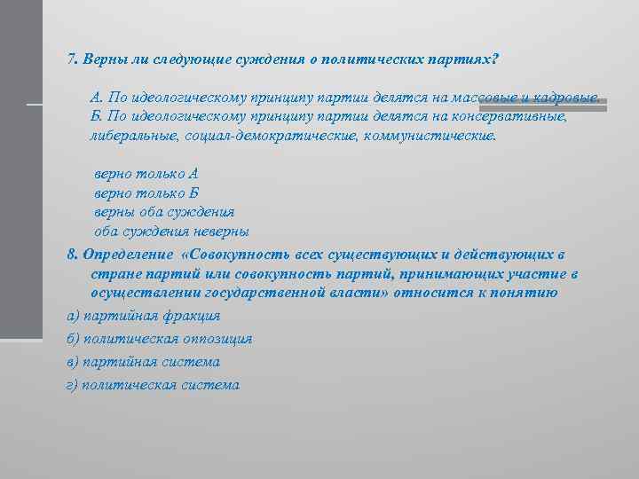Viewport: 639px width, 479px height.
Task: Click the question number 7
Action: tap(72, 59)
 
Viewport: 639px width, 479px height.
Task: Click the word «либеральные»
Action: tap(135, 137)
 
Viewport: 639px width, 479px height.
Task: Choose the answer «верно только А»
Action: tap(146, 173)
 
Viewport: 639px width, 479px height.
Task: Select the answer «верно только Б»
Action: tap(146, 192)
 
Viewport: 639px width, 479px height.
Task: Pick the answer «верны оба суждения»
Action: tap(164, 212)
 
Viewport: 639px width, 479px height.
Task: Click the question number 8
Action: tap(72, 254)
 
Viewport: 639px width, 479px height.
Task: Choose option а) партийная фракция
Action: tap(144, 316)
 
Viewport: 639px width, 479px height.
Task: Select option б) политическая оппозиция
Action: tap(160, 339)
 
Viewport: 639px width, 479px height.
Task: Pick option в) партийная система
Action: tap(144, 362)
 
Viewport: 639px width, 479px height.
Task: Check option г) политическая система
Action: tap(153, 385)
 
